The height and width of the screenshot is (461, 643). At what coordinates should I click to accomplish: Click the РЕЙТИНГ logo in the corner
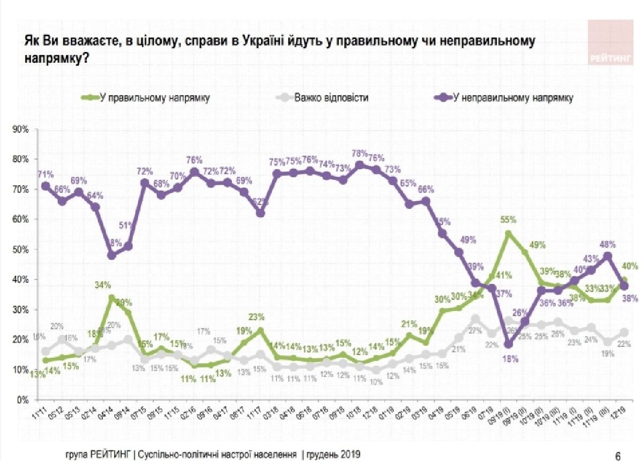click(x=610, y=43)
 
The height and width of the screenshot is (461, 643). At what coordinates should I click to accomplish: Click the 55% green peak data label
click(x=509, y=220)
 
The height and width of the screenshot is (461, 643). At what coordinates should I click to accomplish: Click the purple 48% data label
click(x=608, y=243)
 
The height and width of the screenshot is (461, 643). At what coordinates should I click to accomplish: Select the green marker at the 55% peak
click(x=508, y=234)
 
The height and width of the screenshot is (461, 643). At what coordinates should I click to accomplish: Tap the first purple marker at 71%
click(x=46, y=186)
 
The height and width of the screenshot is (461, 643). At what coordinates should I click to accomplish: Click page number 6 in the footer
click(x=618, y=456)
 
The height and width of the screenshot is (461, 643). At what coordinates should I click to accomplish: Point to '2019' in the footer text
click(x=348, y=454)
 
